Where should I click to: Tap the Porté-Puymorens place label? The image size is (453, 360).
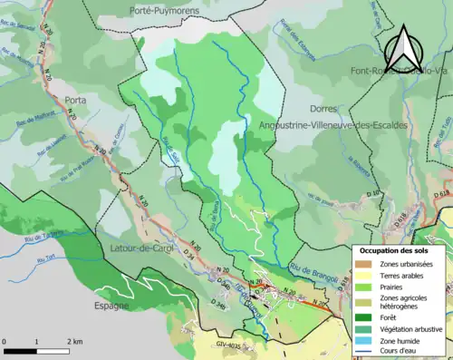(165, 10)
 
